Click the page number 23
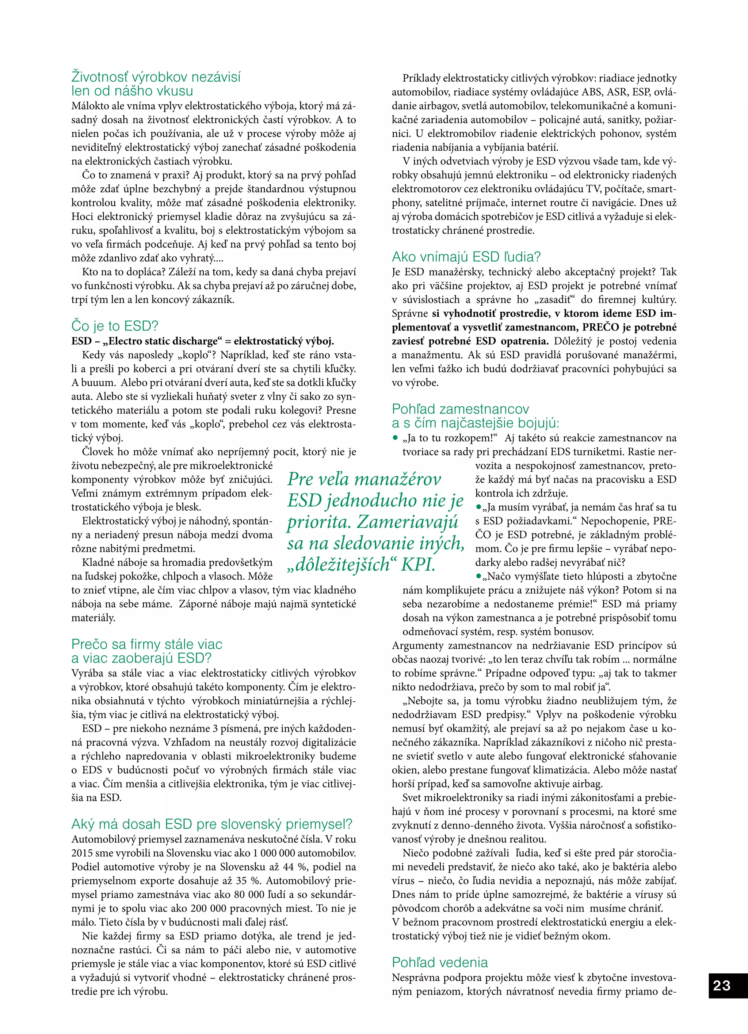(x=722, y=986)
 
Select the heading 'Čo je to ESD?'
(x=115, y=326)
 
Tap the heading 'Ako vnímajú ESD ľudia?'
(x=466, y=257)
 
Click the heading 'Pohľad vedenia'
(x=440, y=962)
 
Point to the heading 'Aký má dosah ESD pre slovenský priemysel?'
(x=212, y=824)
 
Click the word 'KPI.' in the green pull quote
(x=418, y=565)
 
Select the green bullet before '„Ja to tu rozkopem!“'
(x=396, y=438)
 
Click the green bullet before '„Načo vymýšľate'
(x=478, y=576)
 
